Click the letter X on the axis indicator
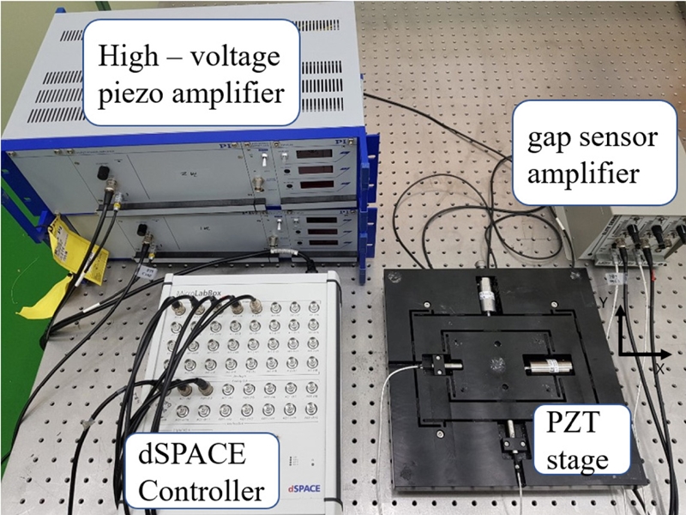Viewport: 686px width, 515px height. point(663,367)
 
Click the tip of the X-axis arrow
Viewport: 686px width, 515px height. point(670,352)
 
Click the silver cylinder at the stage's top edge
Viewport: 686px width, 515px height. point(486,294)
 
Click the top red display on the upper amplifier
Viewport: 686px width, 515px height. point(312,152)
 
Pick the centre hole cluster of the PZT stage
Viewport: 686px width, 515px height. point(496,365)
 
